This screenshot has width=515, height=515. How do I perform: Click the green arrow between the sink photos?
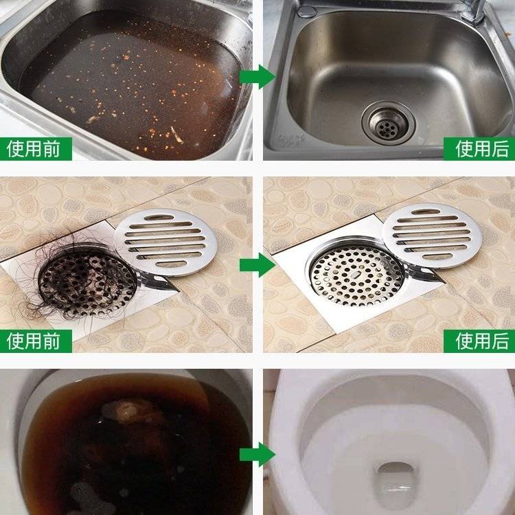pyautogui.click(x=257, y=76)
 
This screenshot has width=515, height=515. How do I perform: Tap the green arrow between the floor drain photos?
pyautogui.click(x=257, y=265)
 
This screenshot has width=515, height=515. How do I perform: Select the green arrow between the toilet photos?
pyautogui.click(x=257, y=455)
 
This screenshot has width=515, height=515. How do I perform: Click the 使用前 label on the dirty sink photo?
pyautogui.click(x=34, y=149)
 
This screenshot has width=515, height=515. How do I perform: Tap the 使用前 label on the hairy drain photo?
pyautogui.click(x=34, y=341)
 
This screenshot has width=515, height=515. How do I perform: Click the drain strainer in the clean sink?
pyautogui.click(x=389, y=123)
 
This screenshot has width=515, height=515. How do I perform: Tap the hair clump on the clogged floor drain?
pyautogui.click(x=79, y=279)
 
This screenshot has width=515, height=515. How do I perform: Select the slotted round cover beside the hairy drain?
pyautogui.click(x=166, y=242)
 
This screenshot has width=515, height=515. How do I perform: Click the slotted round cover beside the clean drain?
pyautogui.click(x=432, y=236)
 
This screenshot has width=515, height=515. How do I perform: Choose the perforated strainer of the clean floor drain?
pyautogui.click(x=356, y=273)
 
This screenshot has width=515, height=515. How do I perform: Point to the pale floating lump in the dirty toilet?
pyautogui.click(x=126, y=411)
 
